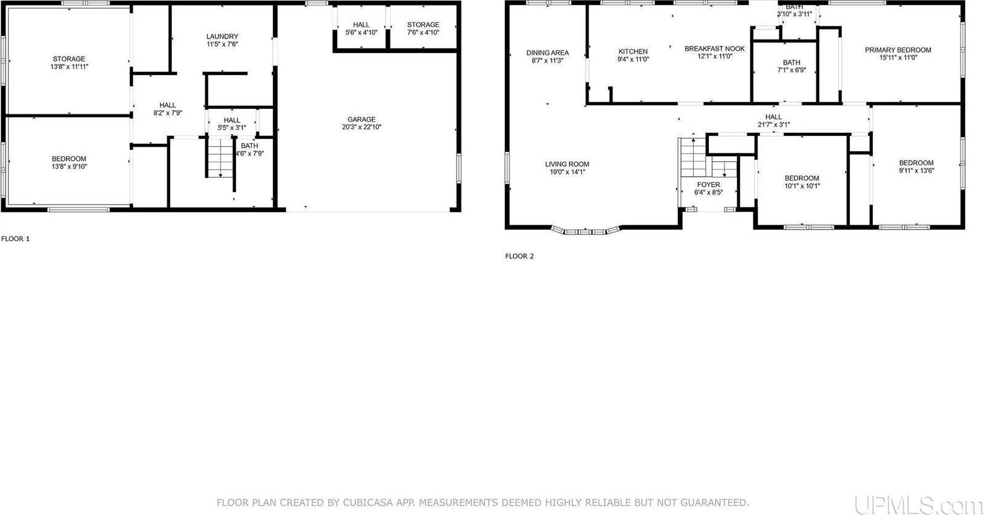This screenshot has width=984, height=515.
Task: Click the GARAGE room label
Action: click(x=361, y=119)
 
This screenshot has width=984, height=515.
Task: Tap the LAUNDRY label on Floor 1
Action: click(x=222, y=36)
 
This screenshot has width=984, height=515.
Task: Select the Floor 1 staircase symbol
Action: click(x=218, y=158)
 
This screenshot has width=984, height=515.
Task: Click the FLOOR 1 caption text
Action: click(x=15, y=238)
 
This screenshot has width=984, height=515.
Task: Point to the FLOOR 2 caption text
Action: click(x=519, y=256)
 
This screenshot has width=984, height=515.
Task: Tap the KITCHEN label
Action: click(x=633, y=52)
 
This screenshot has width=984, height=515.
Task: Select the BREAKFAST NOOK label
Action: click(x=714, y=49)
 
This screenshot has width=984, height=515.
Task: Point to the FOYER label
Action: click(x=708, y=185)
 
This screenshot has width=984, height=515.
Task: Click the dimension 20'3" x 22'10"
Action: click(x=361, y=127)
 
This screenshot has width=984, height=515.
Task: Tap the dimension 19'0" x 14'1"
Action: click(x=566, y=172)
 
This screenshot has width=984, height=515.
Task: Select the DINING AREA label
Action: click(x=547, y=53)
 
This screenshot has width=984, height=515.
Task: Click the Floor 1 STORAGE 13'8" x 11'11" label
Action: click(x=68, y=59)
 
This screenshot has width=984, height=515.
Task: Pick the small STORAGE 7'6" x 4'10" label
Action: click(x=423, y=25)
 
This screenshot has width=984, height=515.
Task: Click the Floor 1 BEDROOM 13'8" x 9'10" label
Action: click(x=68, y=159)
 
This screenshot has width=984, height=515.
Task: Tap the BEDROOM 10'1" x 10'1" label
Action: click(x=801, y=178)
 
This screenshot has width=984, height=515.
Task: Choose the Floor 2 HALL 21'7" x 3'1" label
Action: click(x=773, y=117)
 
